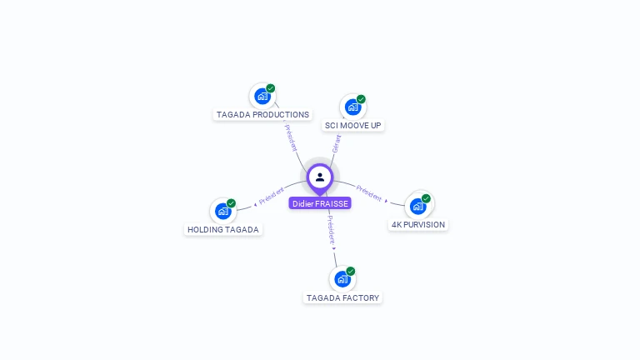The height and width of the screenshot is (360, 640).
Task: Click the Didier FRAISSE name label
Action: coord(320,203)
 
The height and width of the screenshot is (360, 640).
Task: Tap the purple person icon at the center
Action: coord(320,177)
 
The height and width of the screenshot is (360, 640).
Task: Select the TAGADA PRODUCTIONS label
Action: coord(262,115)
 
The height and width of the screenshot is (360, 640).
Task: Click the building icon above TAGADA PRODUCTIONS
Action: coord(262,96)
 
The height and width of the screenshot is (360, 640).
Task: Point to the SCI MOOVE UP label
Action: coord(353,126)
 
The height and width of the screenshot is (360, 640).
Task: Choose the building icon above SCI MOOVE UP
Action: coord(353,107)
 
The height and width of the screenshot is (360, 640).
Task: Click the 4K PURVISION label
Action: coord(418,225)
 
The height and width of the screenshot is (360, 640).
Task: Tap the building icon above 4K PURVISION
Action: coord(418,206)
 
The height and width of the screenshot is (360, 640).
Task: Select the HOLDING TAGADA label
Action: coord(223,230)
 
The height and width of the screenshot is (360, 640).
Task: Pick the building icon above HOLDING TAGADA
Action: coord(222,211)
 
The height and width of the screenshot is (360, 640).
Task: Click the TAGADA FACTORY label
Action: coord(342,298)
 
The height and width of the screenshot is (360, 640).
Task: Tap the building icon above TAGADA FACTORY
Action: coord(342,278)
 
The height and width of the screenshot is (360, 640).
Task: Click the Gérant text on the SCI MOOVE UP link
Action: coord(337,144)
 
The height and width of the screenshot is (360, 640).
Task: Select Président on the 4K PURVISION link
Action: coord(369,193)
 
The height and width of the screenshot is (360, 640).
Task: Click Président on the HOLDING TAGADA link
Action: coord(272,196)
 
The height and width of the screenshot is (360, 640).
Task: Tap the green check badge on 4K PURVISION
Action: coord(426,198)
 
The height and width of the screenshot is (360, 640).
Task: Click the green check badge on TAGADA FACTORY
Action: coord(351,271)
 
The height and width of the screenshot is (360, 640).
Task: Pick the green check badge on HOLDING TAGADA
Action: coord(231,203)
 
